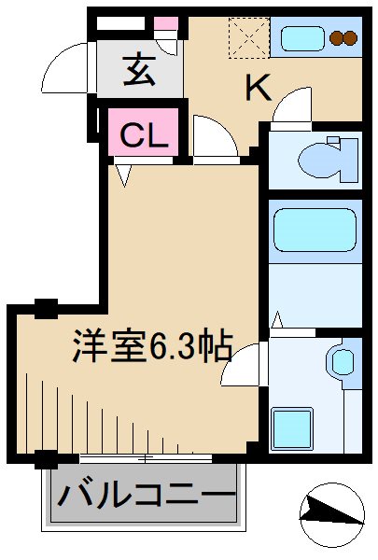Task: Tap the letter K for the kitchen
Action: pyautogui.click(x=259, y=88)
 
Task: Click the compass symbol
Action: pyautogui.click(x=330, y=512)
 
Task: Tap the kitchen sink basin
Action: pyautogui.click(x=301, y=39)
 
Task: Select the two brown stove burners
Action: pyautogui.click(x=343, y=39)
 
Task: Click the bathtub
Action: pyautogui.click(x=314, y=230)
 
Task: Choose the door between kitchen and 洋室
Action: pyautogui.click(x=215, y=138)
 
